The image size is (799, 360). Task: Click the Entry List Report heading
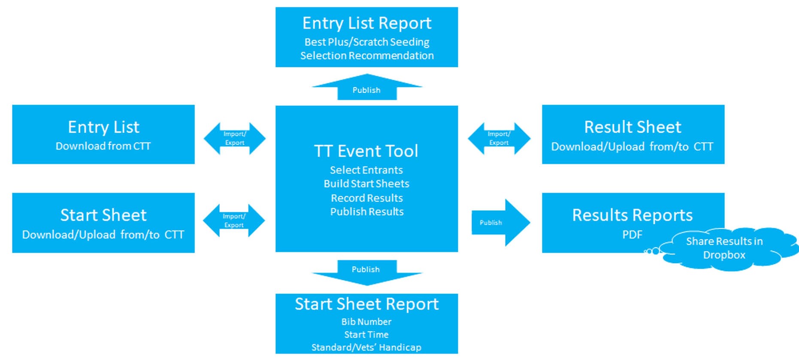[367, 23]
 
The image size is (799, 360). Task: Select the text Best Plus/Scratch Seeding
[367, 42]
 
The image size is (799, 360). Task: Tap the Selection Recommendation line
[367, 56]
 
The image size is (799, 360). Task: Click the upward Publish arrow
[367, 87]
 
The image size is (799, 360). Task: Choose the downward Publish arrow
[367, 272]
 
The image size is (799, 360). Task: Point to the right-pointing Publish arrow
[501, 222]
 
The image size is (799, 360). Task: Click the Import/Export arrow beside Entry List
[235, 138]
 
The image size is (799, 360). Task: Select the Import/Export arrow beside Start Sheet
[234, 221]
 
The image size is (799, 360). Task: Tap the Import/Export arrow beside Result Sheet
[499, 138]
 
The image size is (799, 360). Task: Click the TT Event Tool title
[366, 151]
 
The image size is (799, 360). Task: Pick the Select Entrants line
[366, 170]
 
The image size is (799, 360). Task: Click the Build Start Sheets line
[366, 184]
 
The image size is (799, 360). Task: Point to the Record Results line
[367, 198]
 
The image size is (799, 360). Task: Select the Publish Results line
[367, 212]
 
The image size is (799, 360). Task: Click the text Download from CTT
[103, 146]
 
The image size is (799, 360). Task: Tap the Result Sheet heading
[633, 127]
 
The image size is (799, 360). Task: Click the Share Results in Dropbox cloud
[724, 248]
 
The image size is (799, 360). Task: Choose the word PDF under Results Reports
[633, 235]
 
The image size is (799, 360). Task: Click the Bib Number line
[366, 322]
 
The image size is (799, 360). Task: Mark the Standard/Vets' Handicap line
[366, 347]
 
